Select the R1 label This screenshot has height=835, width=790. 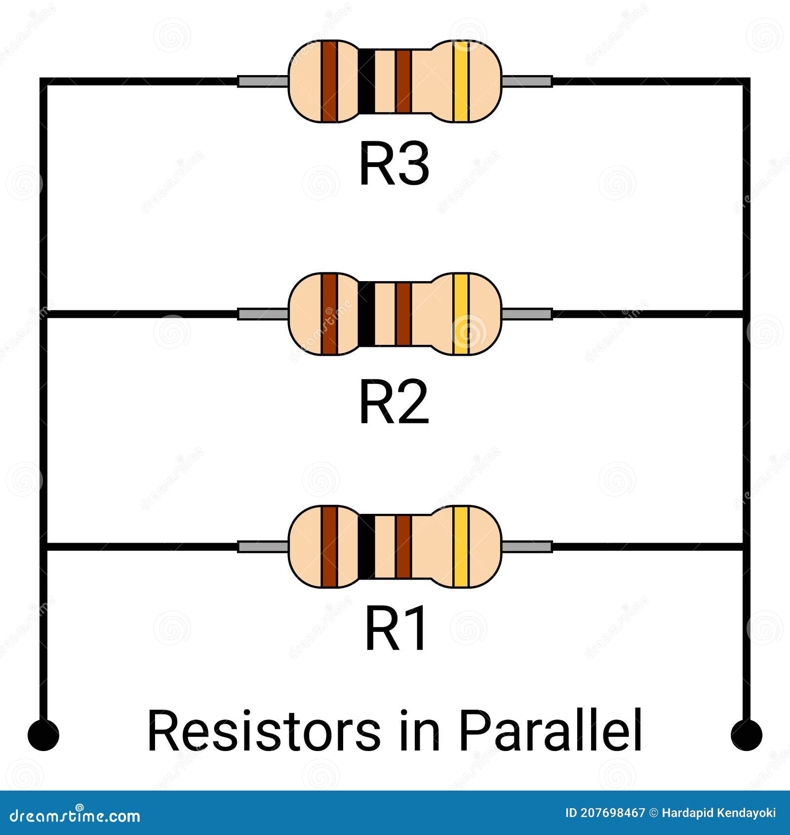pos(395,630)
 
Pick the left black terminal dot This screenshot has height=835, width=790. pos(43,735)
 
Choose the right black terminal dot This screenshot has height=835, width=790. pos(746,735)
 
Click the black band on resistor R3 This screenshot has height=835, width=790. pos(366,81)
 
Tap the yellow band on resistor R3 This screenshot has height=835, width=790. pos(461,81)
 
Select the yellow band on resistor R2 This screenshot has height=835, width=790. pos(461,314)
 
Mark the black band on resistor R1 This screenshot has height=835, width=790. pos(366,546)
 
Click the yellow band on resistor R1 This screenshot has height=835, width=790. pos(461,546)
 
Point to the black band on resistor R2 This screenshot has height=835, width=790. pos(366,314)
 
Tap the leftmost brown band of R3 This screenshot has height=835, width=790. pos(329,81)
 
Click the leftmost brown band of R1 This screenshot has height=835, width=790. pos(329,546)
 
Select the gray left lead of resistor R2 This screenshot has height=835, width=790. pos(262,314)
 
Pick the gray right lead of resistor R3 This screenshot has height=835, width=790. pos(527,81)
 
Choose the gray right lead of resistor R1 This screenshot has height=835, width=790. pos(527,546)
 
